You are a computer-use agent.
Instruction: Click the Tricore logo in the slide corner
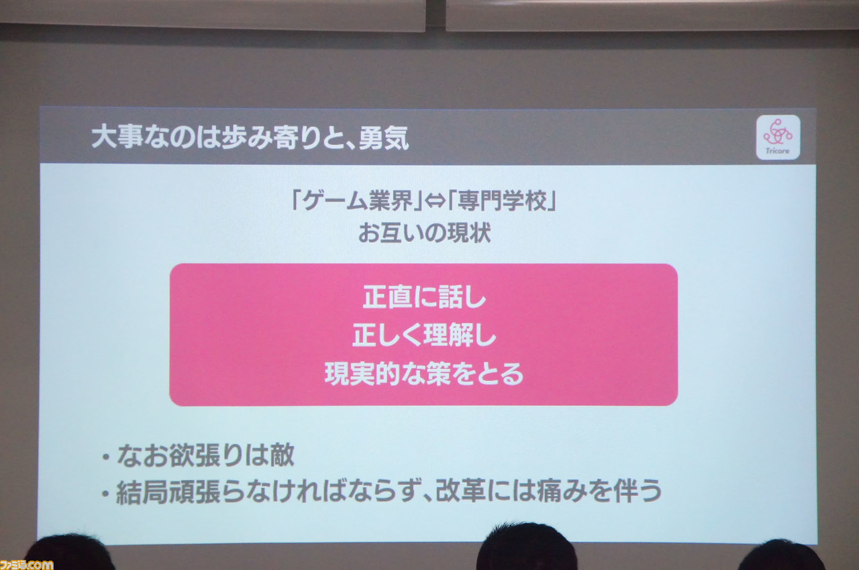click(778, 137)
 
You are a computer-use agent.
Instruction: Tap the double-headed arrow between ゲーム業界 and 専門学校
click(435, 201)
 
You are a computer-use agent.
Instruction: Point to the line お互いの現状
click(425, 233)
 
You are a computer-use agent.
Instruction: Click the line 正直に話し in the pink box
click(425, 297)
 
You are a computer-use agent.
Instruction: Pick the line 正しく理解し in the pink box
click(425, 335)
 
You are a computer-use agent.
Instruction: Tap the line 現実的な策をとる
click(424, 374)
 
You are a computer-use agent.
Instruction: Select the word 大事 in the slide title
click(117, 137)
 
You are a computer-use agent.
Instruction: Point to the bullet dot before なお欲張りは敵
click(106, 457)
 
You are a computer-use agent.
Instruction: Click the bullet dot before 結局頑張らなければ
click(105, 494)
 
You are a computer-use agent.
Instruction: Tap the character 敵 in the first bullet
click(282, 455)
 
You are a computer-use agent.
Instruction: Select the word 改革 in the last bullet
click(460, 491)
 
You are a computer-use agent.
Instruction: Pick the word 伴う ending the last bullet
click(638, 491)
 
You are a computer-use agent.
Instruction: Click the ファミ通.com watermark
click(26, 565)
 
